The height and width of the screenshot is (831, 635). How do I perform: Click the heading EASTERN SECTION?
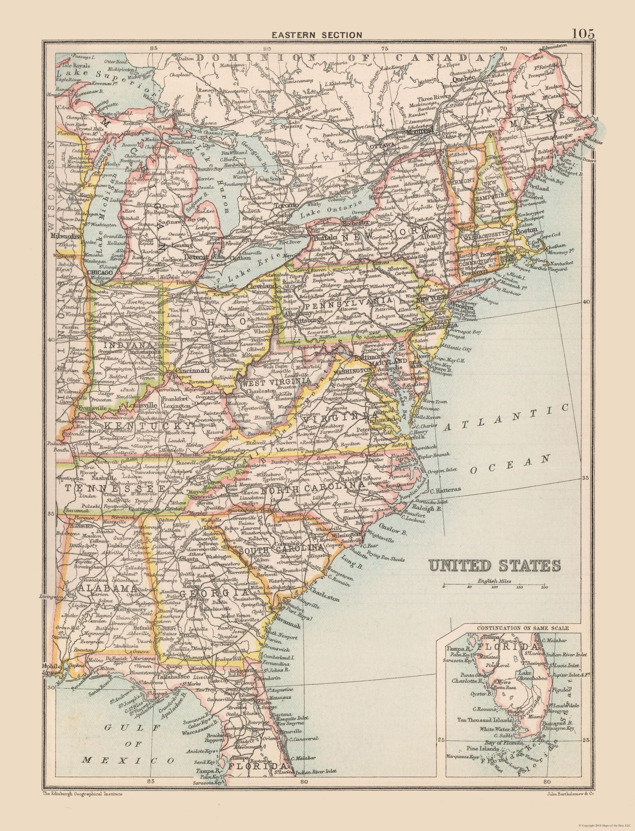tap(317, 35)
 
